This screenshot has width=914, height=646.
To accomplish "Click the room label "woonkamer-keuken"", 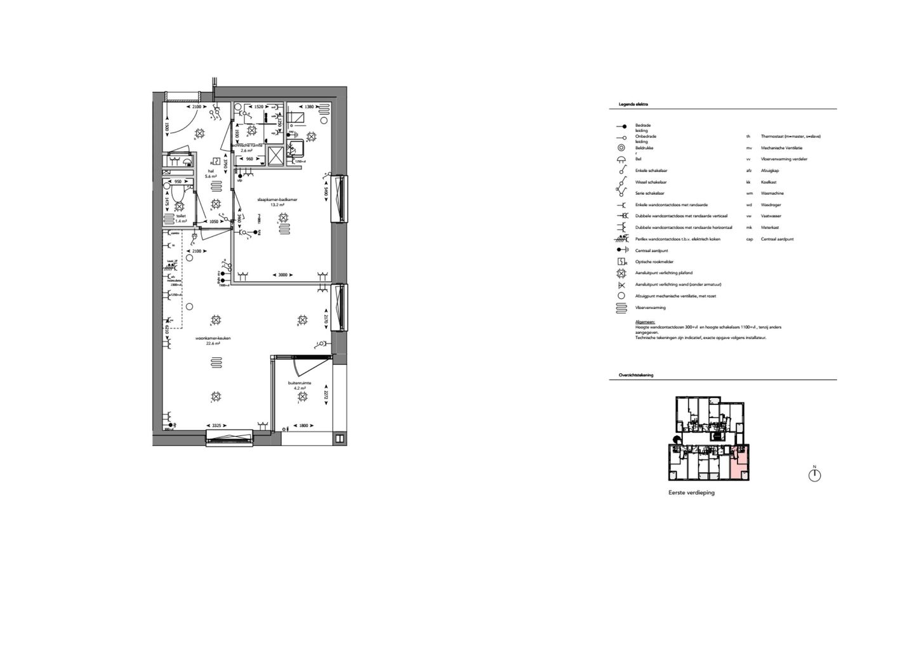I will (213, 338).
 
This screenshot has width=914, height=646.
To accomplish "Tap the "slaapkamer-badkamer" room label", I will (277, 199).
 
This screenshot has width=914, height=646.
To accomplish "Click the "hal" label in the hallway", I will (211, 171).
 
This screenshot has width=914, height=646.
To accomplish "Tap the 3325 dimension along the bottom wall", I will (216, 425).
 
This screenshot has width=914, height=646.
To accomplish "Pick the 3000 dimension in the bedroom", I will (283, 275).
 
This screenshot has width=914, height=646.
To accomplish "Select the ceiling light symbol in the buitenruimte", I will (302, 397).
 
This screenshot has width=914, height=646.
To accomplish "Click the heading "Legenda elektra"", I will (633, 103).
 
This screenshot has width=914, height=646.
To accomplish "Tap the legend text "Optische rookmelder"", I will (654, 262).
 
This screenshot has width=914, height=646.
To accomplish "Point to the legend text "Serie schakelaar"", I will (650, 194).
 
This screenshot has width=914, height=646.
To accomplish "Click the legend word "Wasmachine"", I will (772, 194).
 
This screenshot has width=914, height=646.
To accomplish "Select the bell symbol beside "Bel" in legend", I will (621, 159).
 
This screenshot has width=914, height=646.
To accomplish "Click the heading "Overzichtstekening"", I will (636, 375).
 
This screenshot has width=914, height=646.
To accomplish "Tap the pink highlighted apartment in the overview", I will (739, 464).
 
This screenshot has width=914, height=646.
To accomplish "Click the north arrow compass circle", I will (814, 475).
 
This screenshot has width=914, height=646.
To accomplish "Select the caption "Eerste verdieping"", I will (691, 492).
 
